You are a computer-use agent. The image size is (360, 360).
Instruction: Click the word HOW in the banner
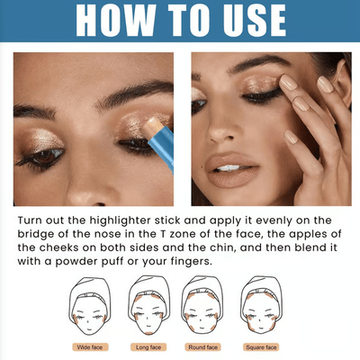coord(116,20)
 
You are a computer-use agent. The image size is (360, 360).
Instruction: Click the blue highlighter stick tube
coord(162,145)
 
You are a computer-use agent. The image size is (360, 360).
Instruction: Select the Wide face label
coord(90,347)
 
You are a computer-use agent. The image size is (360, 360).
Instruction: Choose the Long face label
coord(148,347)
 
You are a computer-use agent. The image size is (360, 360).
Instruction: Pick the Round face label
coord(203,347)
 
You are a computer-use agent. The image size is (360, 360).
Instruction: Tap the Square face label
coord(261,347)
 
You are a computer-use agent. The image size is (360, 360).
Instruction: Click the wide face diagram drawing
coord(90,306)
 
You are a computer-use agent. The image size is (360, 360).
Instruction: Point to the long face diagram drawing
coord(148,306)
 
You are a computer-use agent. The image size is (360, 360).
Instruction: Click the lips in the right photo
coord(232,169)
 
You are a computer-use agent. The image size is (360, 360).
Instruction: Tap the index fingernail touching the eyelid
coord(288,83)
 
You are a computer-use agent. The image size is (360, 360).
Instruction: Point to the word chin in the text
coord(223,247)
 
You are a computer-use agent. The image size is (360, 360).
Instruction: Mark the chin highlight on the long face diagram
coord(148,333)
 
